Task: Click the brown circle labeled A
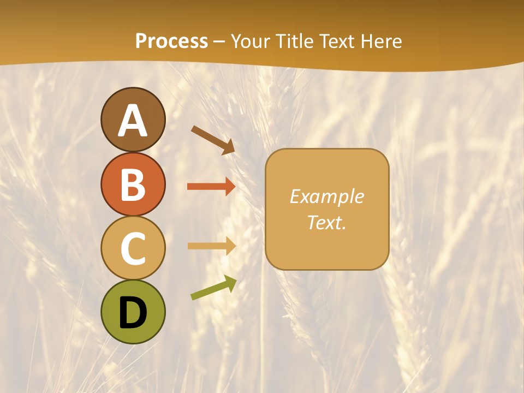coord(133,120)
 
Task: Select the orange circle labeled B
coord(133,184)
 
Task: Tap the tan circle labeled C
coord(133,248)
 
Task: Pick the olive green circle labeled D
coord(133,312)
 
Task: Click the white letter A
coord(133,121)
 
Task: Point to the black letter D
coord(133,313)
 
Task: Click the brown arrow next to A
coord(213,140)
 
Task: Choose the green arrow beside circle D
coord(213,288)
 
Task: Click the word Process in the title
coord(171,41)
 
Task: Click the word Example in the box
coord(326,196)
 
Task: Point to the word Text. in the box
coord(326,223)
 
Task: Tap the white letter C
coord(133,248)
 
